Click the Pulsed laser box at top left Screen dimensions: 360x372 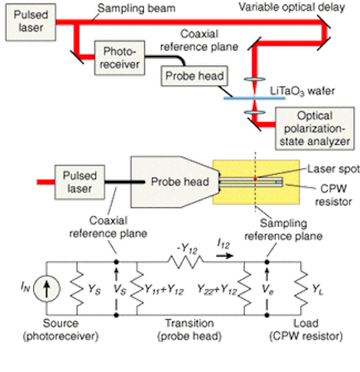31,22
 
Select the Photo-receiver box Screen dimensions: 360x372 120,58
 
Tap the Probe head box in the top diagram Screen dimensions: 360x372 194,76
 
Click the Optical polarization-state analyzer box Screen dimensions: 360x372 315,128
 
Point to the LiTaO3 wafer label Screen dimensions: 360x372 302,91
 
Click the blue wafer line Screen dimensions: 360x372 254,98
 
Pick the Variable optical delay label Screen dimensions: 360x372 291,7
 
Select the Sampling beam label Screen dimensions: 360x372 137,8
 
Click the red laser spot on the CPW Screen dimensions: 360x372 255,179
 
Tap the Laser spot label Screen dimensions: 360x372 333,169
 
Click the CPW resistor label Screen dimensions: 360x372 333,195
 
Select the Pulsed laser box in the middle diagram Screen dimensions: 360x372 80,182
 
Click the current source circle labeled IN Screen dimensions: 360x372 47,288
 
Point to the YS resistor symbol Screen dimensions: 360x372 77,288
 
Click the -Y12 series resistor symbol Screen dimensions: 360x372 186,262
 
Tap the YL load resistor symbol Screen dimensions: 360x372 301,288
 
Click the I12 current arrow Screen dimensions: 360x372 224,256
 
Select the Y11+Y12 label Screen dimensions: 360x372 164,289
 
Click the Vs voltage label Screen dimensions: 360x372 120,289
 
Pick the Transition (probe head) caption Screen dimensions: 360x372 190,330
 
